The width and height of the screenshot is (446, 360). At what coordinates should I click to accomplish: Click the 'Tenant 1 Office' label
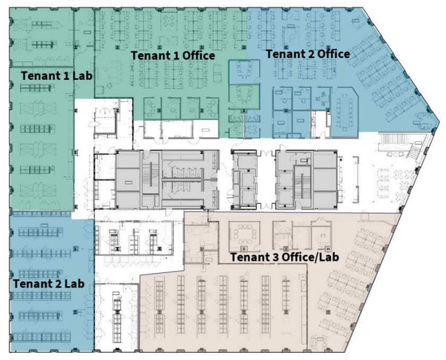172,56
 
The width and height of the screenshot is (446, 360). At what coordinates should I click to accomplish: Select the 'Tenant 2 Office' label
307,54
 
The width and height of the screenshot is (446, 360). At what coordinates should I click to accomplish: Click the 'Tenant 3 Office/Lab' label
284,257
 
